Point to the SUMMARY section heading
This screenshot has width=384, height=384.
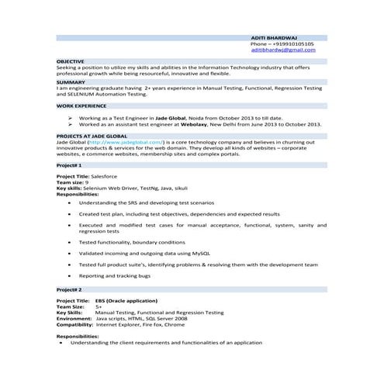(x=70, y=81)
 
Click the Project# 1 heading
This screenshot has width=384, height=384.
(x=69, y=165)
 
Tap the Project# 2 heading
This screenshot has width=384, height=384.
(x=69, y=289)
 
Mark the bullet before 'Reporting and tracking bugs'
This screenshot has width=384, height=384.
(x=71, y=275)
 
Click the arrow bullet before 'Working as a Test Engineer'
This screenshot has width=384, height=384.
(x=70, y=117)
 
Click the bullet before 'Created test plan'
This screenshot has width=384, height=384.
(x=71, y=213)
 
